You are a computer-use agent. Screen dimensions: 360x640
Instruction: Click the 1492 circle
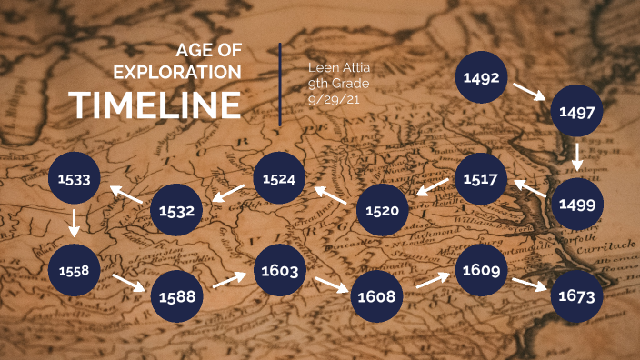pyautogui.click(x=481, y=78)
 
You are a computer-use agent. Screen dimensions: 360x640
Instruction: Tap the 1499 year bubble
pyautogui.click(x=577, y=204)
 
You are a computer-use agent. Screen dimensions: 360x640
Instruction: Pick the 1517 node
pyautogui.click(x=480, y=179)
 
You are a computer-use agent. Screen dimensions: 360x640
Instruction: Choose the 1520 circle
pyautogui.click(x=383, y=211)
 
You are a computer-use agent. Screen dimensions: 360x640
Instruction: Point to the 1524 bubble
pyautogui.click(x=278, y=179)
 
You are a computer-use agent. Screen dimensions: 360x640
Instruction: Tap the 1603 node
pyautogui.click(x=279, y=270)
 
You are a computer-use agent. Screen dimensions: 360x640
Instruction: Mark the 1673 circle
pyautogui.click(x=577, y=296)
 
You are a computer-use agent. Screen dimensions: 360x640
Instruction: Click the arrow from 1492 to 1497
pyautogui.click(x=528, y=92)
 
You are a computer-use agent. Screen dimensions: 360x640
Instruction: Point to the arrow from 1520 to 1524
pyautogui.click(x=330, y=195)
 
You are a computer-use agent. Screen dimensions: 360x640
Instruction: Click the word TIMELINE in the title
pyautogui.click(x=156, y=105)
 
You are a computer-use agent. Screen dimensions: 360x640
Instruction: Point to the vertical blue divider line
pyautogui.click(x=280, y=84)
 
